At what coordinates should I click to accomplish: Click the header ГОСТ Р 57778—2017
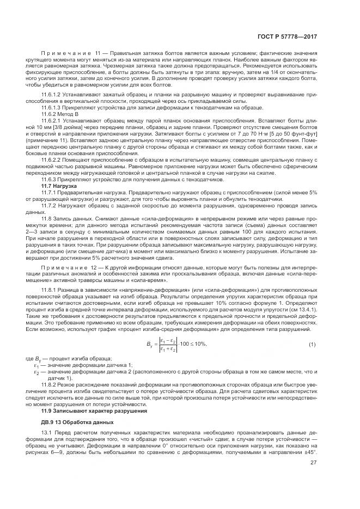(x=288, y=37)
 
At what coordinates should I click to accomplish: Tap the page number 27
(x=314, y=479)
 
